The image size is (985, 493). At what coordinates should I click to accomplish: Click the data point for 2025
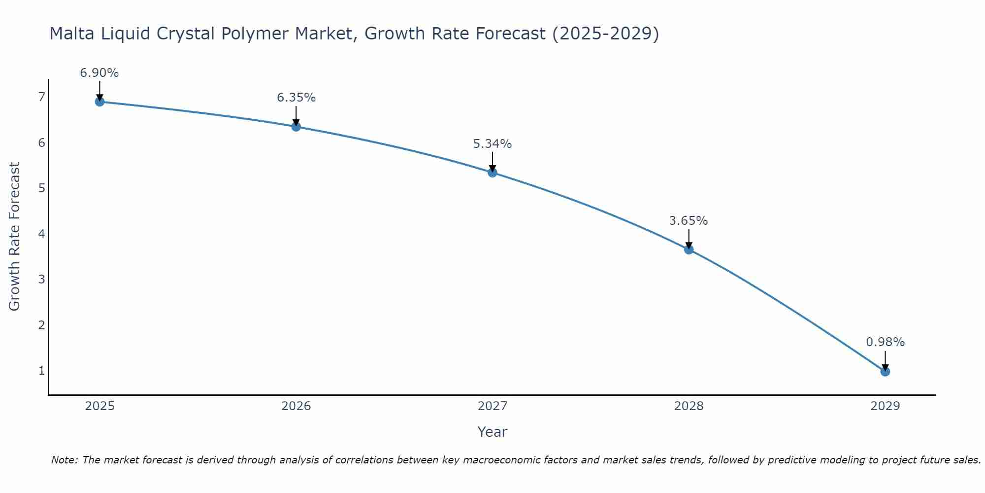pos(99,102)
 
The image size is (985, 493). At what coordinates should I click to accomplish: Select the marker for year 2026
pos(296,127)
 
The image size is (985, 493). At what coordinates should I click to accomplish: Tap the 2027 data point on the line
pos(492,173)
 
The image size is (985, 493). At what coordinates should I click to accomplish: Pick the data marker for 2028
pos(689,249)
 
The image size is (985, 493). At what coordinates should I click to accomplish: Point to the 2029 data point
pos(885,371)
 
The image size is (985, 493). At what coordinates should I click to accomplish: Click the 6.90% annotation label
pos(99,73)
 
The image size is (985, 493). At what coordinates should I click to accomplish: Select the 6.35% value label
pos(296,98)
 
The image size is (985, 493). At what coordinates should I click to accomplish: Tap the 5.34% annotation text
pos(492,144)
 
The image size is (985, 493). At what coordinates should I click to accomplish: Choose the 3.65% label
pos(689,221)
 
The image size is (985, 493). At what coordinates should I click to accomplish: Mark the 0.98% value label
pos(885,342)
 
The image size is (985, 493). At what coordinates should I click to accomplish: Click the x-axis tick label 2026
pos(296,406)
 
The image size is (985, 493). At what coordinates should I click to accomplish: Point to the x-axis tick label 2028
pos(689,406)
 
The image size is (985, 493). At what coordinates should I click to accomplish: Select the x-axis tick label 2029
pos(885,406)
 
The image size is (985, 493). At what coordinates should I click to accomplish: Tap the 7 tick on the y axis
pos(41,97)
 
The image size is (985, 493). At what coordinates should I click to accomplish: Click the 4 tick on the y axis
pos(41,234)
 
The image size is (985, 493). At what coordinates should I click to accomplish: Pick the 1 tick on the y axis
pos(41,370)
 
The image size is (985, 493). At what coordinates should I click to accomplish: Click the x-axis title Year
pos(492,432)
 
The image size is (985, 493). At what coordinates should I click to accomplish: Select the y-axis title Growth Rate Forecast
pos(15,237)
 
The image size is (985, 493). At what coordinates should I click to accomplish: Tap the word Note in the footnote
pos(64,460)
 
